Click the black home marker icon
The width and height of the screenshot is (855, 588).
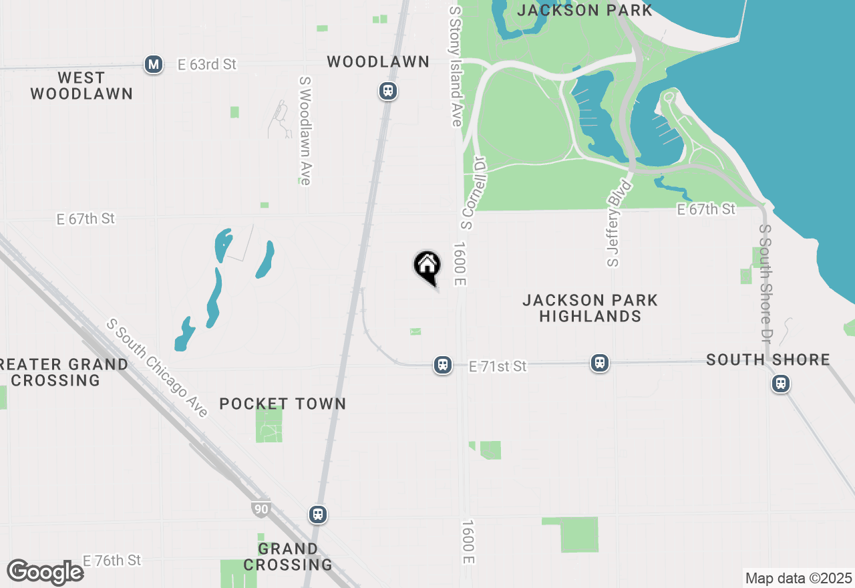[x=427, y=266]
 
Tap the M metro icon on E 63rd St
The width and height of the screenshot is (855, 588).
[x=154, y=65]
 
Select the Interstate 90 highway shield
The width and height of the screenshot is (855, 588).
[x=261, y=509]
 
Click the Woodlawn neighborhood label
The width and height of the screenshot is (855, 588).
[x=378, y=62]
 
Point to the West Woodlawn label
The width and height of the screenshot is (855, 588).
[x=81, y=86]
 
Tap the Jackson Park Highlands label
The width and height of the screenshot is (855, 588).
[x=590, y=308]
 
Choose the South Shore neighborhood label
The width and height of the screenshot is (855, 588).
[x=768, y=360]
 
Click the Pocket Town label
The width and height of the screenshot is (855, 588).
[x=283, y=404]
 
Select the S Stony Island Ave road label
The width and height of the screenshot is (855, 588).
[x=456, y=67]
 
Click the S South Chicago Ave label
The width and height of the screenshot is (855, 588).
[x=158, y=368]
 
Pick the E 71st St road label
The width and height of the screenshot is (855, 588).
[x=498, y=366]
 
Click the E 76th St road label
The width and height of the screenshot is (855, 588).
[x=112, y=560]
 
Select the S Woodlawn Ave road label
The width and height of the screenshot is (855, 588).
[x=305, y=130]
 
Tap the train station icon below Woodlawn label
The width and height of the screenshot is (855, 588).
[x=387, y=91]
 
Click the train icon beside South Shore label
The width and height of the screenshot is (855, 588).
[x=780, y=384]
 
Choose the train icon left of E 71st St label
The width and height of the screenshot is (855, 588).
[x=442, y=365]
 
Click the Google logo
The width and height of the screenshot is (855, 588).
[x=45, y=572]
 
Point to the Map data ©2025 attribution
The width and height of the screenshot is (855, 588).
[x=798, y=578]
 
